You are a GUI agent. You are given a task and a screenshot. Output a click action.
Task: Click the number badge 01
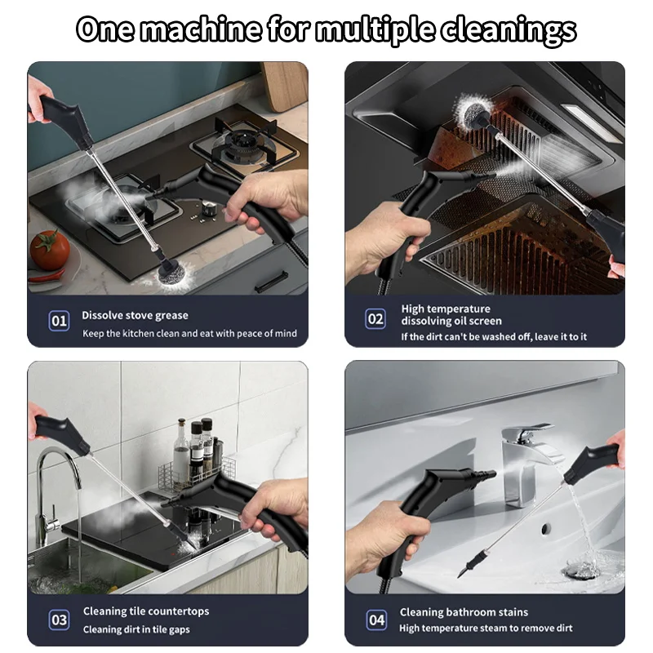60,321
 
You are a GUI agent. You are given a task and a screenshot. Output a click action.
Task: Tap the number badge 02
375,318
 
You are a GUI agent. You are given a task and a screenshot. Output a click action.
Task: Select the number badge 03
60,620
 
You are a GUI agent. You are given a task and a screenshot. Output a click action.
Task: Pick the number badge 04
375,620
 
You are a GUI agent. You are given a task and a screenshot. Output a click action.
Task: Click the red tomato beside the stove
50,250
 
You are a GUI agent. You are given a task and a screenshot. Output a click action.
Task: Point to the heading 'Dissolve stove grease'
135,315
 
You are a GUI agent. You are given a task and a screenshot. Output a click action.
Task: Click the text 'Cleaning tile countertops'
146,611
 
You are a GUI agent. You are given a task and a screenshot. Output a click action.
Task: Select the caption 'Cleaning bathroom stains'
464,612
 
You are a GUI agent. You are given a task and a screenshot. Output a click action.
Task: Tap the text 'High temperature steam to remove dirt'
486,629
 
